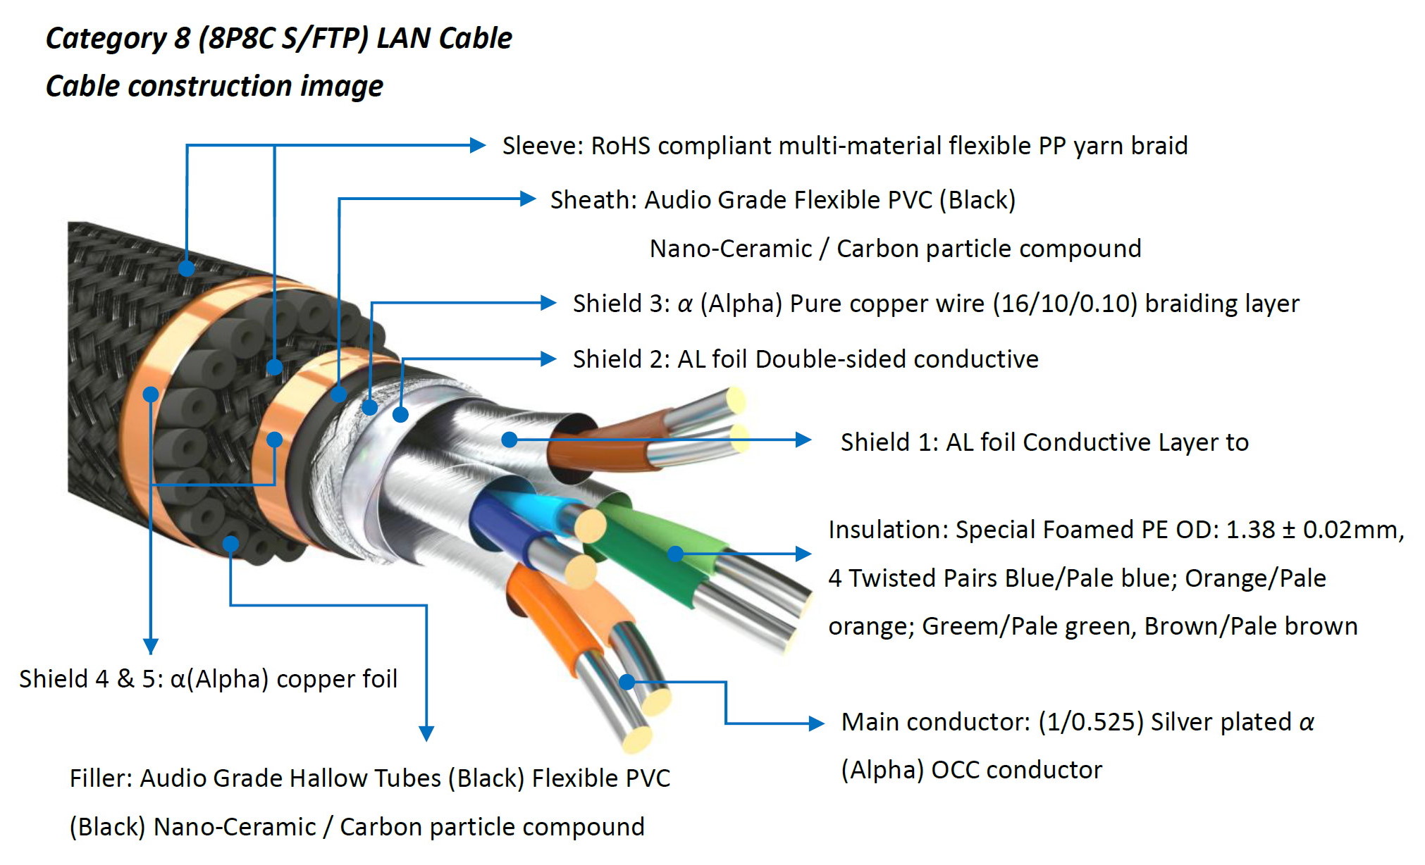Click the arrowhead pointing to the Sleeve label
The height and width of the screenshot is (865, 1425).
tap(478, 146)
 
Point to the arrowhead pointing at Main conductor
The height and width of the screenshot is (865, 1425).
tap(816, 723)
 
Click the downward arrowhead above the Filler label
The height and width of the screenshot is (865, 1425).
tap(426, 733)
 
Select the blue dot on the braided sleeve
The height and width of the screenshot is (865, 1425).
tap(187, 268)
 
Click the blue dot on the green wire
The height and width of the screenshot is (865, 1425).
tap(675, 554)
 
